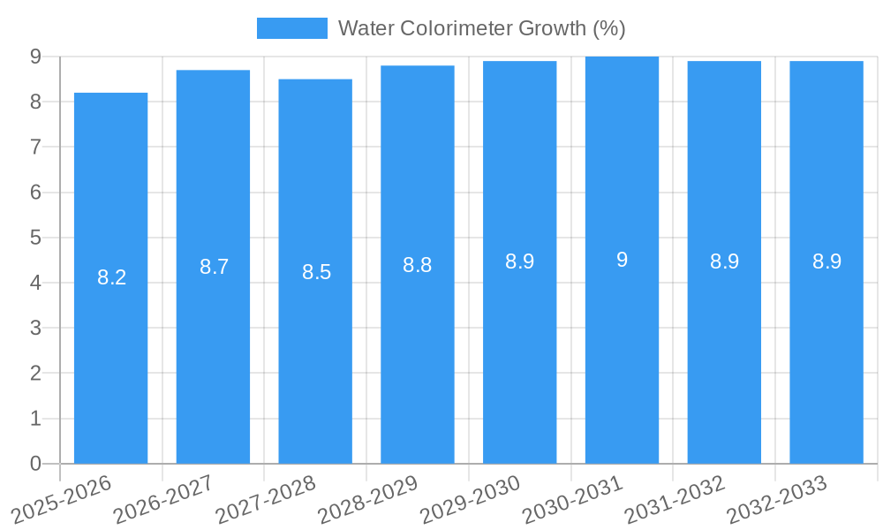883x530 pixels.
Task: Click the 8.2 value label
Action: [111, 277]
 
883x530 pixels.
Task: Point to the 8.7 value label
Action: [214, 267]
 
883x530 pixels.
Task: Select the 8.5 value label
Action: [316, 272]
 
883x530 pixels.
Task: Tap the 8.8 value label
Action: [417, 265]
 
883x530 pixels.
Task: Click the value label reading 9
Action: [622, 260]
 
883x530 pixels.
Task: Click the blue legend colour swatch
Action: [291, 28]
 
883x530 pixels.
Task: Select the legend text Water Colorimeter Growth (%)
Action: [481, 28]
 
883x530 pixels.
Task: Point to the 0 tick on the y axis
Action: [35, 464]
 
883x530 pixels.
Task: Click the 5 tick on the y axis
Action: [35, 238]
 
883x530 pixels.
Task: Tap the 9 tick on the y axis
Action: [35, 57]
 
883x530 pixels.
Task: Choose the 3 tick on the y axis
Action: [35, 328]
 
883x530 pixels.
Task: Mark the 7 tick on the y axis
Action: [35, 147]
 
